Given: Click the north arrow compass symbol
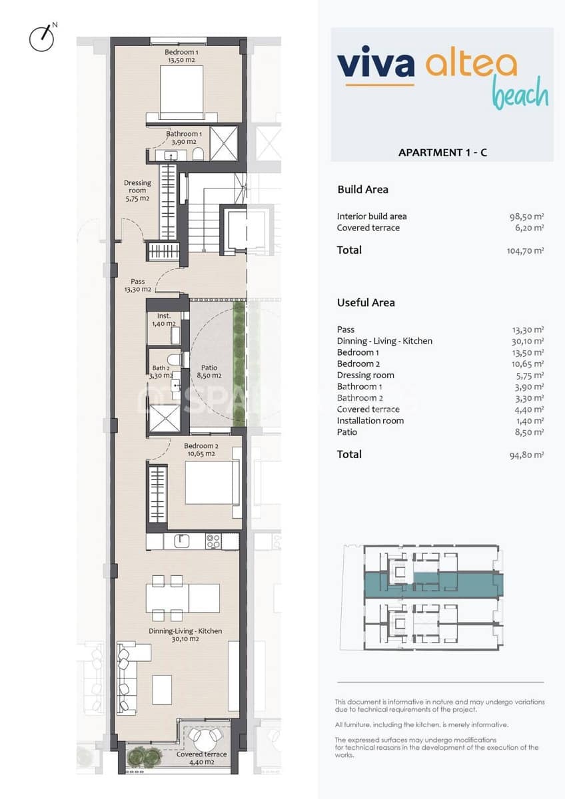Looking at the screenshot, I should pyautogui.click(x=42, y=38).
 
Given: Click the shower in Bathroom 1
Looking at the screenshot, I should pyautogui.click(x=223, y=142).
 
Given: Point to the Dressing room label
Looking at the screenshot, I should pyautogui.click(x=137, y=190).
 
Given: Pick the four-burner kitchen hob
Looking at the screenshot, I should pyautogui.click(x=213, y=541).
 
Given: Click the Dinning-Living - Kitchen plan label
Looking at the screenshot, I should pyautogui.click(x=185, y=635).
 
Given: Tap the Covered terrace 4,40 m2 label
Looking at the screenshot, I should pyautogui.click(x=201, y=758).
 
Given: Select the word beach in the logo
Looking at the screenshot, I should pyautogui.click(x=520, y=95).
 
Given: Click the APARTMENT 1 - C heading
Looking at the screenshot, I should pyautogui.click(x=442, y=152).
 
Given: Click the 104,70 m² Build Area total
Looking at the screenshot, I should pyautogui.click(x=525, y=251).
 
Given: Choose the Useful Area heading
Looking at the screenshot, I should pyautogui.click(x=366, y=302).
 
